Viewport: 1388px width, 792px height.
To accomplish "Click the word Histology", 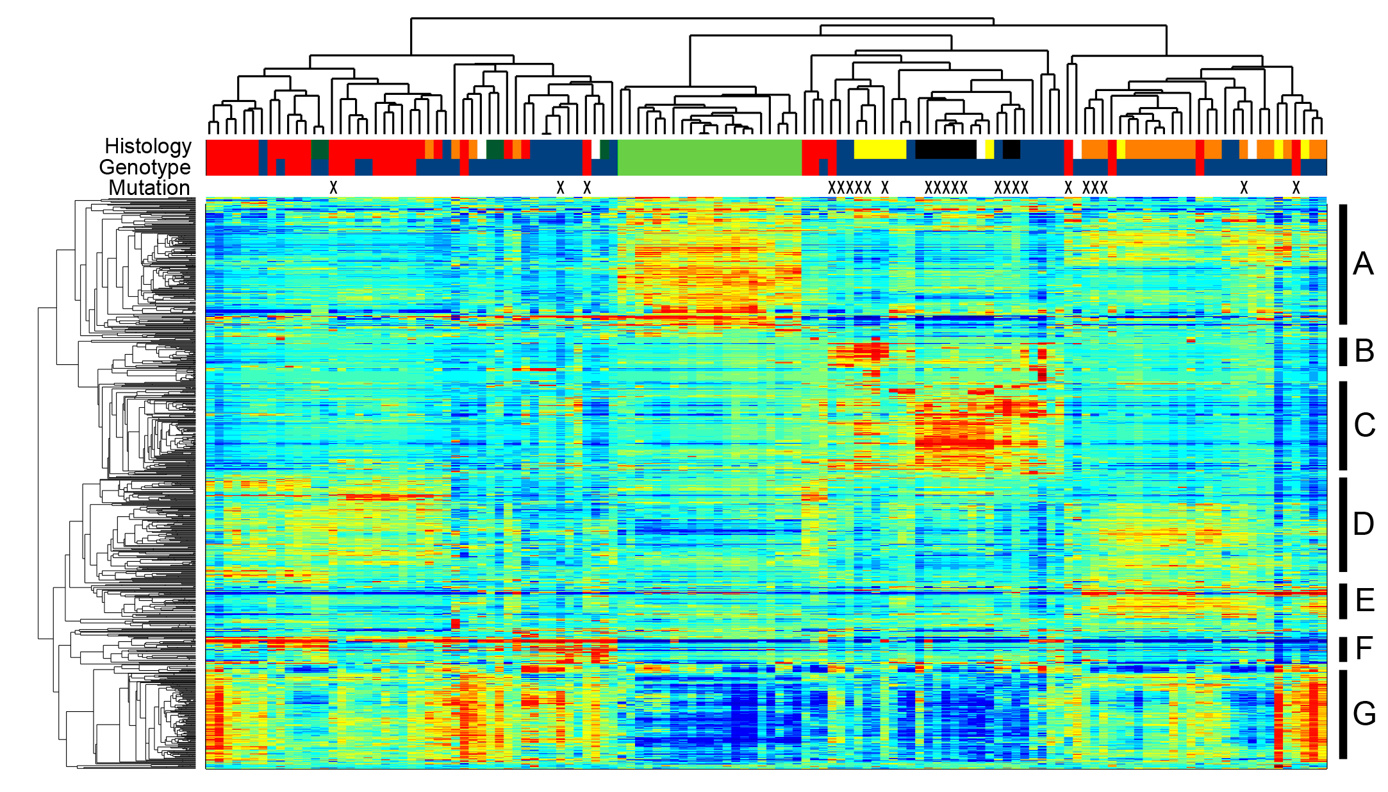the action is click(148, 147).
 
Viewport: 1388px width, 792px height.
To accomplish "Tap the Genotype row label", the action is click(145, 167).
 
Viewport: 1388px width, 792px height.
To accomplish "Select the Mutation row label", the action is click(149, 188).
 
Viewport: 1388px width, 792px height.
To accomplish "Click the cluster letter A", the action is click(1363, 264).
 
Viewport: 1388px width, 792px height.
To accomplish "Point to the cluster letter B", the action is click(1364, 351).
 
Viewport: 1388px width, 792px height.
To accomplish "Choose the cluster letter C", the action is click(1364, 425).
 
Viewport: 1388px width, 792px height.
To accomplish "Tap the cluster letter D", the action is click(1364, 524).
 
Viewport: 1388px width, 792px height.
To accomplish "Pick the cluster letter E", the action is click(1365, 600).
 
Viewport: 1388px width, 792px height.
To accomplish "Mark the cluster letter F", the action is click(1364, 648).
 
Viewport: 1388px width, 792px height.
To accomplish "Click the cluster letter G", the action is click(1364, 713).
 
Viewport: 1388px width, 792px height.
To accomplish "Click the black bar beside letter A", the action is click(1343, 264).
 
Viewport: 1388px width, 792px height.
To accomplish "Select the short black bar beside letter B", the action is click(1343, 351).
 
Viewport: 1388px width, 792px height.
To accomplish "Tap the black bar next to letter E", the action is click(1343, 601).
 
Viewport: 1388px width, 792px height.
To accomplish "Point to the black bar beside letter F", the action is click(1343, 649).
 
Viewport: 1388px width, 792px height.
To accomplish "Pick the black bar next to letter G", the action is click(1343, 714).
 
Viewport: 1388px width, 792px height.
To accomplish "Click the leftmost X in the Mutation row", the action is click(333, 188).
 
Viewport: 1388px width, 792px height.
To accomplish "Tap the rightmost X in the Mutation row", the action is click(1296, 188).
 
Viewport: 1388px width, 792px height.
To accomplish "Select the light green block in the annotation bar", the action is click(709, 158).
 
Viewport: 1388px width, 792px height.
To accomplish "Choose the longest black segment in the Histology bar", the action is click(946, 149).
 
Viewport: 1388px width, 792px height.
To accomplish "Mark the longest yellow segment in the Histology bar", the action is click(880, 149).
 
